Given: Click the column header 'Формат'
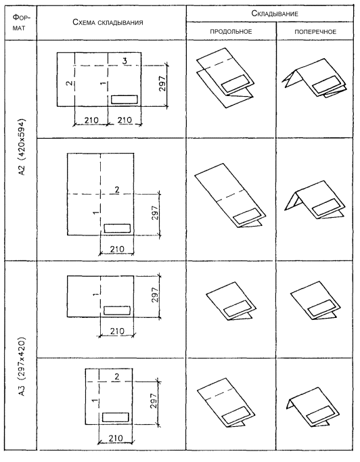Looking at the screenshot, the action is coord(21,23).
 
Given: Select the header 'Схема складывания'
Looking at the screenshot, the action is coord(108,23).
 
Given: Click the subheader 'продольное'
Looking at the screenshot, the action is coord(231,32).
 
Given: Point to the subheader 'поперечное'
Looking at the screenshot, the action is coord(315,32).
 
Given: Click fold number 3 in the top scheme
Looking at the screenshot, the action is coord(125,61).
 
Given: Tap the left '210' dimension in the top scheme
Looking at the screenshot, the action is coord(91,120).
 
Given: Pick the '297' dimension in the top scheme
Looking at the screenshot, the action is coord(162,84).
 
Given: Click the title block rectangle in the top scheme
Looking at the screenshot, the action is coord(125,99).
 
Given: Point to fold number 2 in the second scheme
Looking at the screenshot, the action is coord(117,190).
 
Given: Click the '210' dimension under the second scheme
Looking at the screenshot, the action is coord(117,249).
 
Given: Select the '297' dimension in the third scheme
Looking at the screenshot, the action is coord(155,295).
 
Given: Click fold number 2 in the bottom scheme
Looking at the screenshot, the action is coord(117,376).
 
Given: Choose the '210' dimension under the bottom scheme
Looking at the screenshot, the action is coord(116,438).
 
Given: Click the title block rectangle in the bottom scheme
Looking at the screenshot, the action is coord(116,417).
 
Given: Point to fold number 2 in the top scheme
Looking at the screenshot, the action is coord(69,83).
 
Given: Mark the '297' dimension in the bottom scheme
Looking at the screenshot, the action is coord(154,400).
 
